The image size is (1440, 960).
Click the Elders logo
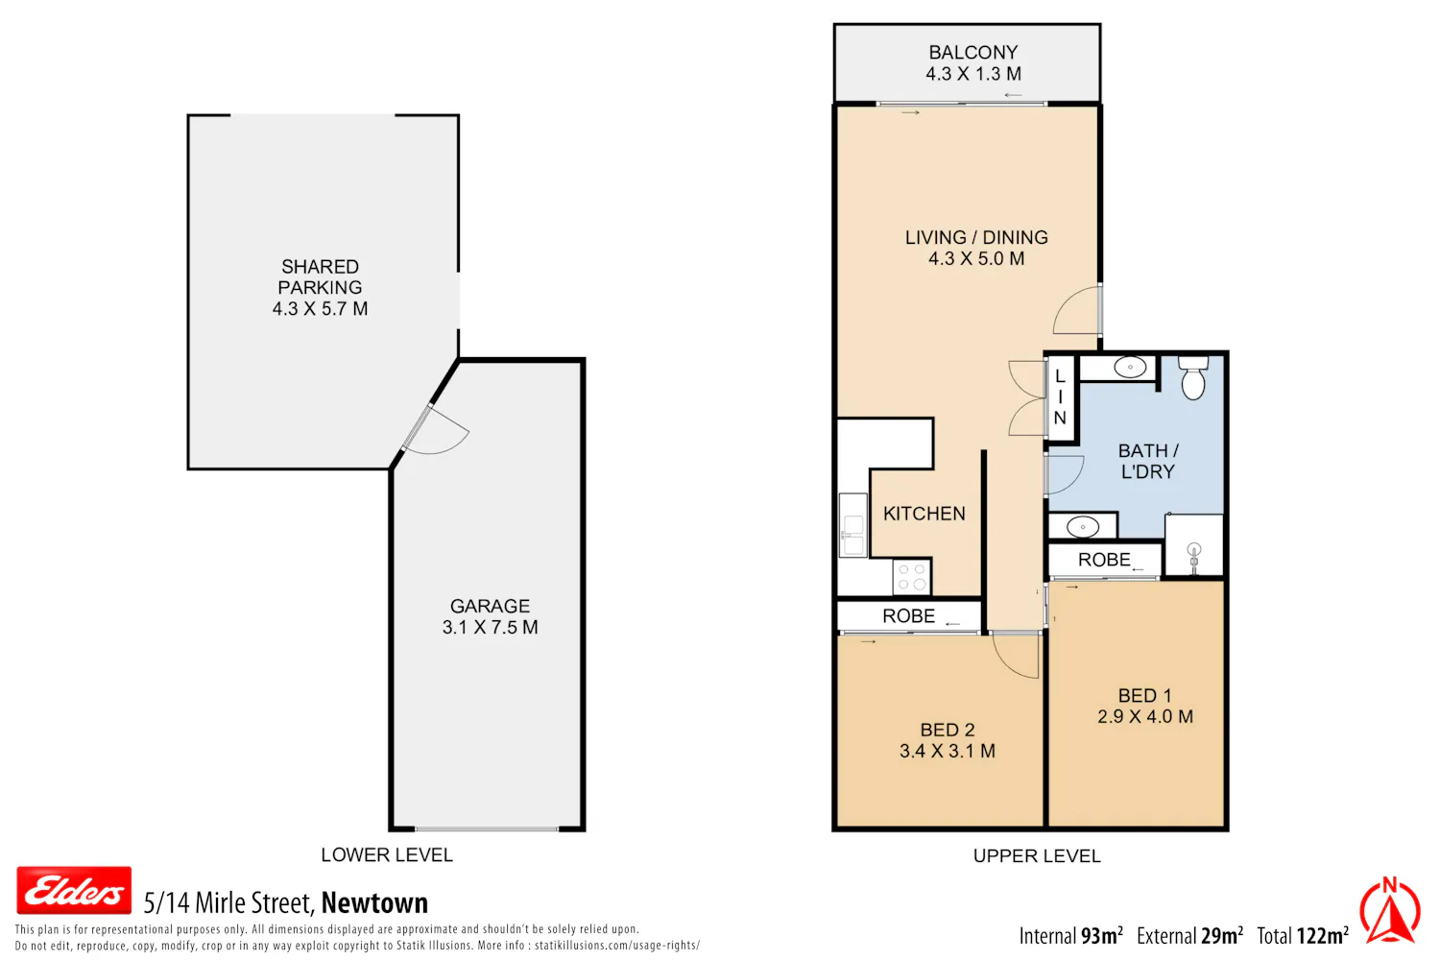click(74, 891)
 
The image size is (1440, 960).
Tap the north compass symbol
click(1390, 910)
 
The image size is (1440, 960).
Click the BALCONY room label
click(972, 52)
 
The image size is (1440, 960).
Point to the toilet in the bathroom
click(1193, 377)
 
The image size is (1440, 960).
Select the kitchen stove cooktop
click(912, 577)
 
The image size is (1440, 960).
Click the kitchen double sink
click(853, 525)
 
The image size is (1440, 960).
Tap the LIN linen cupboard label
click(1060, 397)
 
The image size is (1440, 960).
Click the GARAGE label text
click(490, 606)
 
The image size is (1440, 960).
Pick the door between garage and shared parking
click(435, 429)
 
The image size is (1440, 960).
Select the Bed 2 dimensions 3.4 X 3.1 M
click(947, 751)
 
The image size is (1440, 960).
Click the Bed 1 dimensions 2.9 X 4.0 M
click(1145, 716)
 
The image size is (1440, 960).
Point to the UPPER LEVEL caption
click(1036, 855)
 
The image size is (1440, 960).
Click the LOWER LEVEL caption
click(386, 854)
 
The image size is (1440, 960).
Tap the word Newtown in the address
click(374, 902)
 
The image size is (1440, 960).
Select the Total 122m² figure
click(1303, 936)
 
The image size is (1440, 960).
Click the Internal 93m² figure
click(1070, 936)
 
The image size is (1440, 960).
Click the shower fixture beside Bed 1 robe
click(1194, 557)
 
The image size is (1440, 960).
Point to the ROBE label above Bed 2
click(908, 616)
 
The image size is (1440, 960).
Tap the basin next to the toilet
click(1130, 367)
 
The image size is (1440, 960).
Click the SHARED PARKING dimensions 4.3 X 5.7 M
click(320, 309)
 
